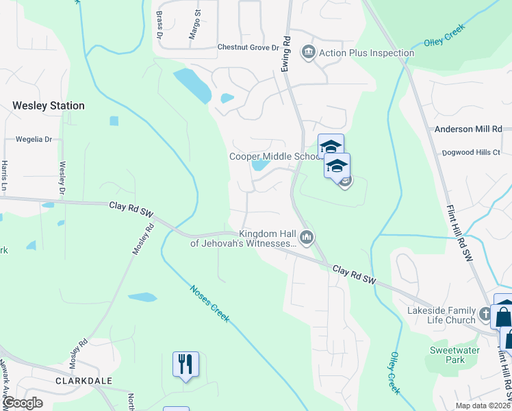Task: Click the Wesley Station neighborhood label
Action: tap(49, 105)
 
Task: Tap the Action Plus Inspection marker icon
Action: tap(308, 53)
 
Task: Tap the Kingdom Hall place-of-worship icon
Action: tap(306, 238)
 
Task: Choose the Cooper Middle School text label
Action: tap(274, 156)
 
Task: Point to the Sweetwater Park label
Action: tap(448, 355)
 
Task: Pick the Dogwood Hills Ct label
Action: tap(471, 152)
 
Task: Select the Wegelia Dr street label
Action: tap(29, 139)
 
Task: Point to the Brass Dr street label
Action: tap(159, 25)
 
